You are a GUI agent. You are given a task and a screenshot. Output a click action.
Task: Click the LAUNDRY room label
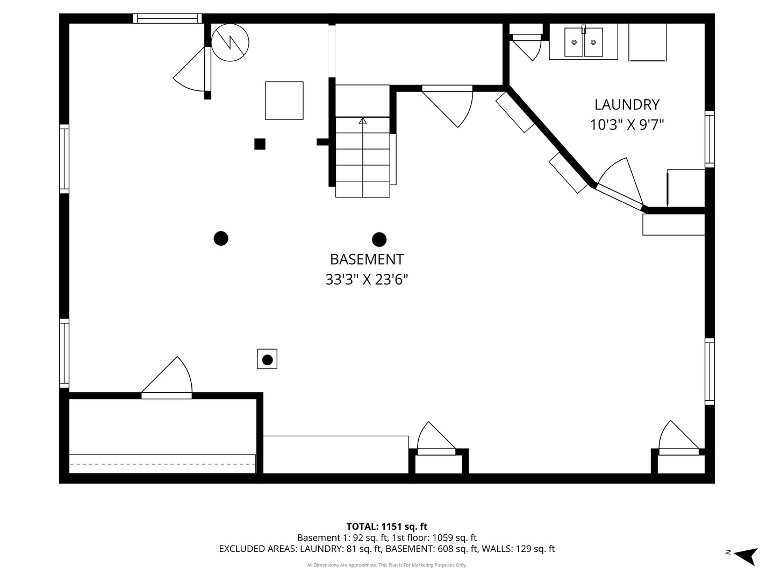coord(627,105)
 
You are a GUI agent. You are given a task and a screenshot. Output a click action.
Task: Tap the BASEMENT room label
coord(367,260)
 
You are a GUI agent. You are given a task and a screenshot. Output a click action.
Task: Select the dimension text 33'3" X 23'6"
coord(367,280)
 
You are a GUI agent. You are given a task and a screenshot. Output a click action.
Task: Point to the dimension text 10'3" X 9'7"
coord(627,125)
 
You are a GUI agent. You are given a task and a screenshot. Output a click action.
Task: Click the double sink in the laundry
coord(583,41)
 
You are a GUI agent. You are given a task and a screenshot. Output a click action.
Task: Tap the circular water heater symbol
coord(230,42)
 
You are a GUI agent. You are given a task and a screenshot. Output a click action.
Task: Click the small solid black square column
coord(260,144)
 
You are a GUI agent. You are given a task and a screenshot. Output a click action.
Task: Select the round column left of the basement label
coord(221,239)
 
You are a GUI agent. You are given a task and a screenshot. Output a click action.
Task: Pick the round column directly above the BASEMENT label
coord(379,239)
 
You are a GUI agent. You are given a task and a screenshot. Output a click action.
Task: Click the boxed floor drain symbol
coord(267,359)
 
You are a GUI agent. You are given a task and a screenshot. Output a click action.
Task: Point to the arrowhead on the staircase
coord(362,121)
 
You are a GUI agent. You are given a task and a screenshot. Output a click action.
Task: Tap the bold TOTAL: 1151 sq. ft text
coord(387,527)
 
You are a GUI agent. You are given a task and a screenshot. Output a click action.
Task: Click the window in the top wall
coord(167,18)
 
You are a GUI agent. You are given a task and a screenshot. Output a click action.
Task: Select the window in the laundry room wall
coord(709,139)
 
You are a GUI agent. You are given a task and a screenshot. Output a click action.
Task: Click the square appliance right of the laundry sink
coord(647,42)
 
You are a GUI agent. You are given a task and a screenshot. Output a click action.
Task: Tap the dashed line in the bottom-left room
coord(162,464)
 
